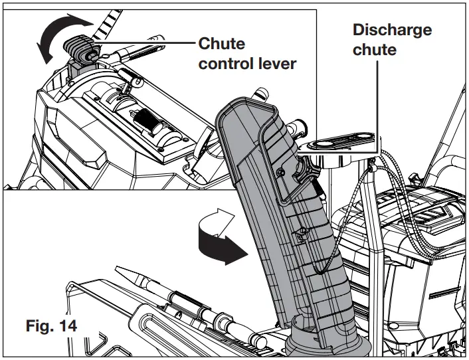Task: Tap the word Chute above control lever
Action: [222, 45]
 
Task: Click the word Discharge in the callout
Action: [391, 30]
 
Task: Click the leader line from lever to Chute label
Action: [146, 45]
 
